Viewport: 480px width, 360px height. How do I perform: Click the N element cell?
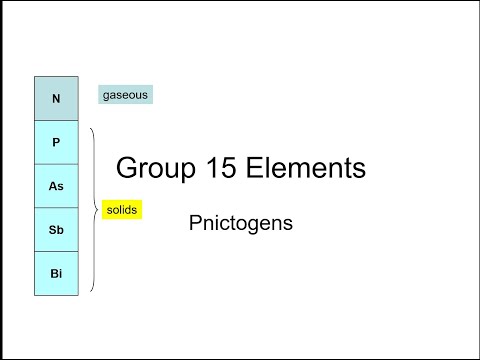(x=56, y=98)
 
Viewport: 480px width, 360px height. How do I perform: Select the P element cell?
(x=56, y=142)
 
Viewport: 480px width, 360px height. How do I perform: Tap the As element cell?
(x=56, y=186)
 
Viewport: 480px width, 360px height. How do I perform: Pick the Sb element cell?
(x=56, y=230)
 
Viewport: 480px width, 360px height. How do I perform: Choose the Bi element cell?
(x=56, y=274)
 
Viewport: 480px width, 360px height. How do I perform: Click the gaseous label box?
(x=125, y=95)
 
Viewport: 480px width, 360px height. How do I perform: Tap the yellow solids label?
(x=122, y=210)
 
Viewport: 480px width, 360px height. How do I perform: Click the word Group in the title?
(x=156, y=168)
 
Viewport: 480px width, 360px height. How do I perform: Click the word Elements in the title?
(x=306, y=167)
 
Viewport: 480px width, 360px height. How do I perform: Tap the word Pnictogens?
(x=241, y=223)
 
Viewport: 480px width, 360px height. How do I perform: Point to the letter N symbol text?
(x=56, y=98)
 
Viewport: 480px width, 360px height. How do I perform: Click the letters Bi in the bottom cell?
(x=56, y=274)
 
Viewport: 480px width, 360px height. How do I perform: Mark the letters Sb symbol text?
(x=56, y=230)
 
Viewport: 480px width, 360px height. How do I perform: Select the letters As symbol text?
(x=56, y=186)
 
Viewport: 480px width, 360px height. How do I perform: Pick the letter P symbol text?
(x=56, y=142)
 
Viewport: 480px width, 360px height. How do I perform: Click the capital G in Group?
(x=127, y=167)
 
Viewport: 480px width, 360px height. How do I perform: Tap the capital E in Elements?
(x=254, y=167)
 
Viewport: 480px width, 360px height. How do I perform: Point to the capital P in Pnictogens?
(x=195, y=222)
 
